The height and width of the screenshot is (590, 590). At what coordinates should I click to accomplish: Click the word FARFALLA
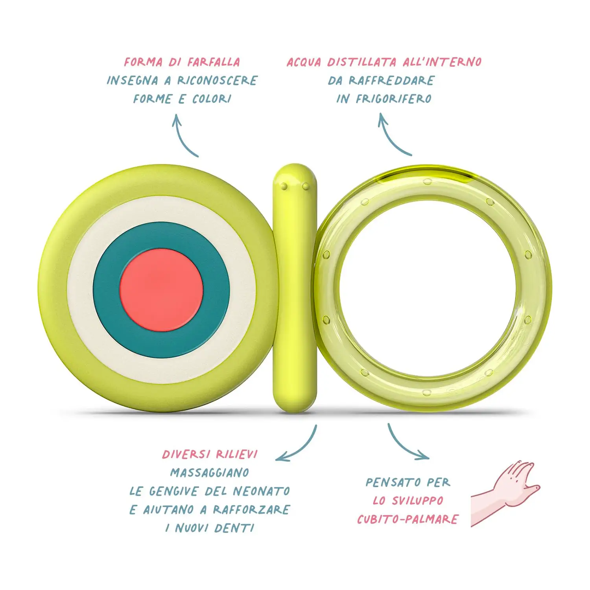[214, 62]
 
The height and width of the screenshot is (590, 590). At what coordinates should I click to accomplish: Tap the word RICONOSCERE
[217, 81]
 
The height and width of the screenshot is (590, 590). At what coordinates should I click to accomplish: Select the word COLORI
[212, 99]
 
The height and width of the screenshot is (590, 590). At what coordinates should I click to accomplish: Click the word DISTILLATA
[361, 62]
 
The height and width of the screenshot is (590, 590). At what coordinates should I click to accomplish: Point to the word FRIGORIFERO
[393, 99]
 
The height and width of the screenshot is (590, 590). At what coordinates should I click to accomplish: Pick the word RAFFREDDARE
[391, 81]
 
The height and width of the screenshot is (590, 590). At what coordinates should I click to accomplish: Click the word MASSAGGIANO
[210, 472]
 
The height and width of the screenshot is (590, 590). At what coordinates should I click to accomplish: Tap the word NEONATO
[261, 491]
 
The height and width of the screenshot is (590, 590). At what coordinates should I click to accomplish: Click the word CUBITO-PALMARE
[407, 519]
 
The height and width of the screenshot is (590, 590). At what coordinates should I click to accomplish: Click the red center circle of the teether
[161, 290]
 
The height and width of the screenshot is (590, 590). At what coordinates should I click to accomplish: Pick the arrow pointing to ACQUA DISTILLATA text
[391, 136]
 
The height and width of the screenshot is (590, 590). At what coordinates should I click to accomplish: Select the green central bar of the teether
[295, 287]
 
